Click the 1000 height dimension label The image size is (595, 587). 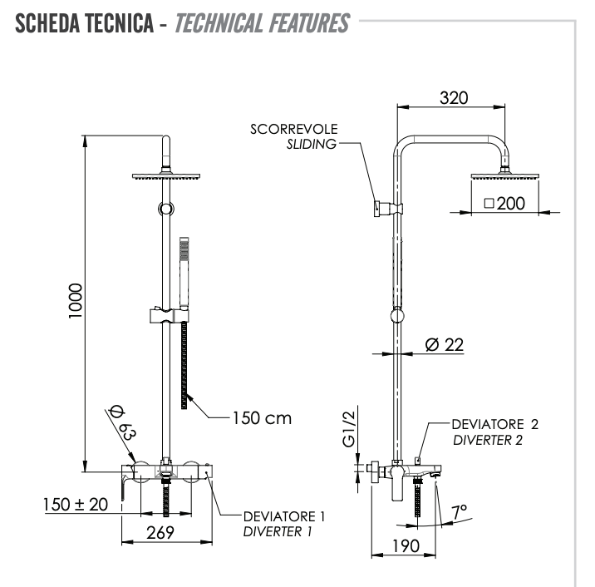pyautogui.click(x=74, y=303)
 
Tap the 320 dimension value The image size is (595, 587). pyautogui.click(x=453, y=97)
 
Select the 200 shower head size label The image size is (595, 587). pyautogui.click(x=511, y=203)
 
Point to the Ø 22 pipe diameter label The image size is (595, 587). pyautogui.click(x=444, y=344)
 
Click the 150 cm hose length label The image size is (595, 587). pyautogui.click(x=263, y=417)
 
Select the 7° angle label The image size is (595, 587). pyautogui.click(x=459, y=509)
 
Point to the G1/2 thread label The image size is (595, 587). pyautogui.click(x=350, y=429)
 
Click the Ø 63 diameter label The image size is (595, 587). pyautogui.click(x=121, y=422)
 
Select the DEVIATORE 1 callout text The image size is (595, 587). pyautogui.click(x=284, y=516)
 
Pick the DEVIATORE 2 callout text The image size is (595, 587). pyautogui.click(x=495, y=424)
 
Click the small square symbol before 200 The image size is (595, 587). pyautogui.click(x=489, y=203)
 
